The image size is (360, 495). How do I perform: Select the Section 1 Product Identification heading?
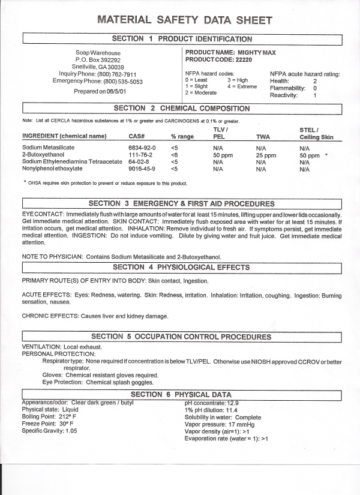click(x=182, y=39)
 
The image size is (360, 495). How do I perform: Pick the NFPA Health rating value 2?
click(x=315, y=81)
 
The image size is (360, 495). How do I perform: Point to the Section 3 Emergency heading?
click(x=181, y=204)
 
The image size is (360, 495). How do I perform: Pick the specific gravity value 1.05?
click(x=71, y=431)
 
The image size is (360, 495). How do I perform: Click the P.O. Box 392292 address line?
click(x=98, y=60)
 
